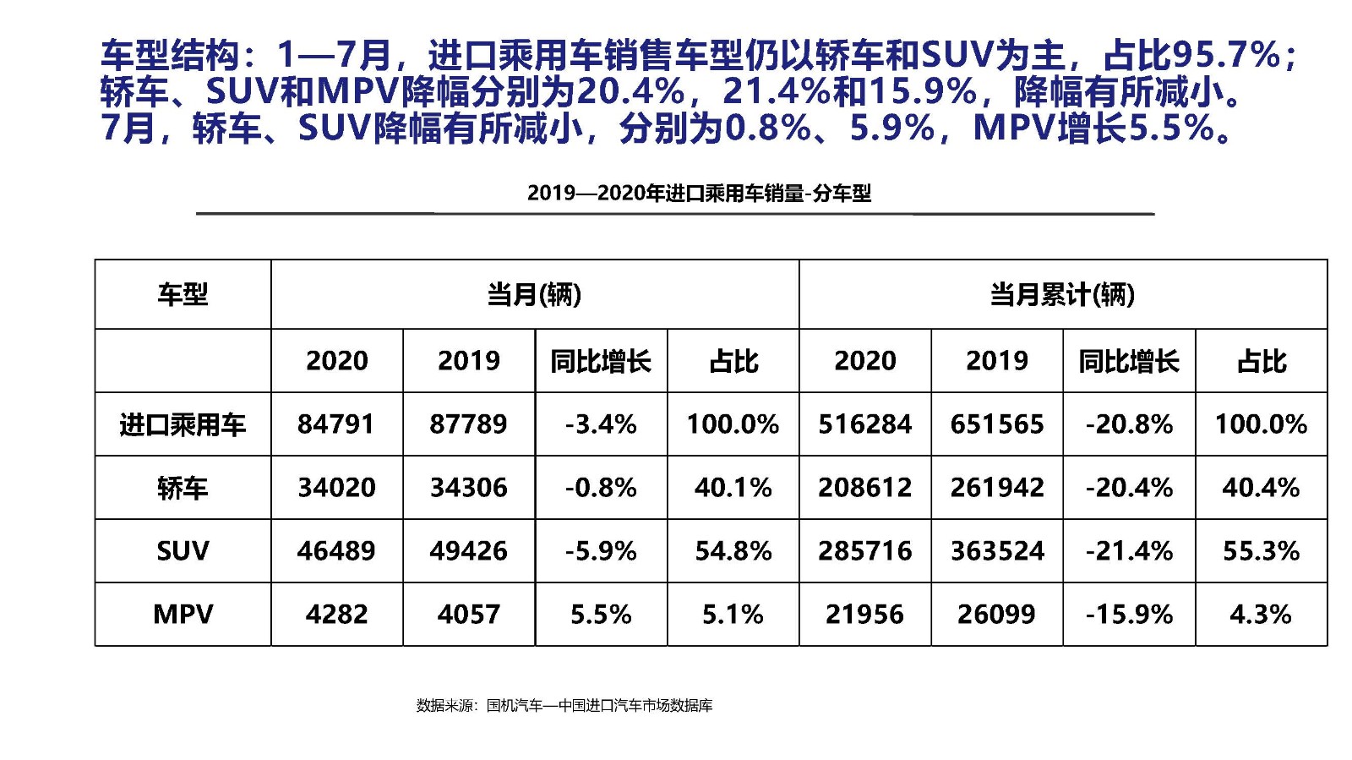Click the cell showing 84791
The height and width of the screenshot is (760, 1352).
click(335, 424)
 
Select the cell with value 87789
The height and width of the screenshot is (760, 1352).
click(468, 424)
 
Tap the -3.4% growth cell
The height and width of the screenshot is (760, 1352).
click(601, 424)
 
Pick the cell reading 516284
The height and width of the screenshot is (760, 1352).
click(864, 424)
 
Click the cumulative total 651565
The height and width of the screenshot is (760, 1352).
click(997, 424)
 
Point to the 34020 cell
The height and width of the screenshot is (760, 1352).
click(335, 487)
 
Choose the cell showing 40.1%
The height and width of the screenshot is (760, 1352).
click(733, 487)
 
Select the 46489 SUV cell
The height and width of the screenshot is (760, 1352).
click(335, 550)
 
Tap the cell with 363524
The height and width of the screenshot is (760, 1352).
click(997, 550)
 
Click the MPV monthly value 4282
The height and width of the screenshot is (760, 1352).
click(335, 614)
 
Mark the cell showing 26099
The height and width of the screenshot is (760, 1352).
click(997, 614)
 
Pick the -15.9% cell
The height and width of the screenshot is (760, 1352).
click(1129, 614)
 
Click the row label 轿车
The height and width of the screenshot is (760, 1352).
click(183, 487)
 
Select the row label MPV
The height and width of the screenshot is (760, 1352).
click(183, 614)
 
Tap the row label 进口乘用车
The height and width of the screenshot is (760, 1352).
click(183, 424)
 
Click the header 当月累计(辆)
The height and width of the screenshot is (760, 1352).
click(1062, 294)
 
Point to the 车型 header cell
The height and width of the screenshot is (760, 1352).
click(183, 294)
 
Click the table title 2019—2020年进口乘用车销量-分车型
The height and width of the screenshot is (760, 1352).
click(699, 194)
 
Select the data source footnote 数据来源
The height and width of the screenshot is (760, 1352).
click(564, 705)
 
